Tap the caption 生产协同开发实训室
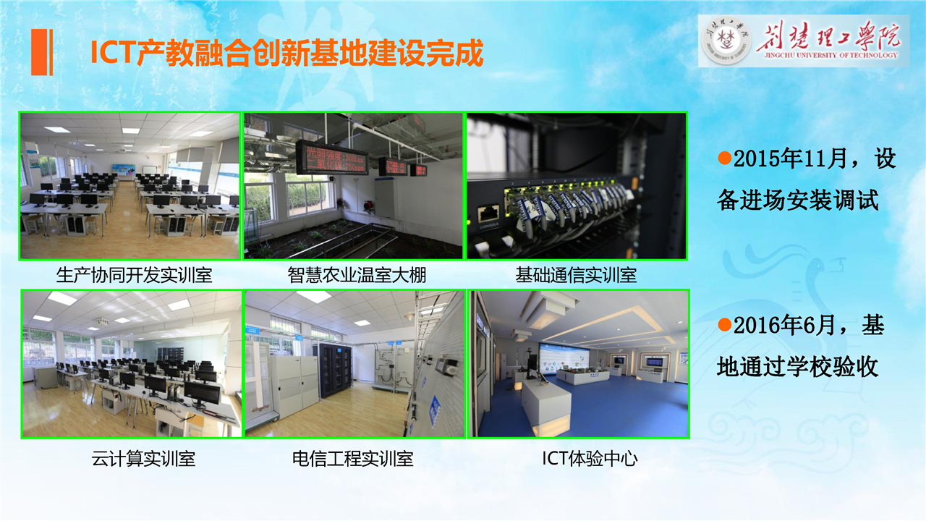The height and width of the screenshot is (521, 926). pos(134,276)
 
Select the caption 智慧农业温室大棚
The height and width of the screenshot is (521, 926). pos(357,276)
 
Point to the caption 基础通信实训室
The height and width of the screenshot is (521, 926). pos(576,276)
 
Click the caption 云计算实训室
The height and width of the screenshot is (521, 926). pos(143,459)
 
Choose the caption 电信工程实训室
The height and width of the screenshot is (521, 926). pos(352,459)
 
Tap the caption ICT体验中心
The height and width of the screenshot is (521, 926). pos(590,459)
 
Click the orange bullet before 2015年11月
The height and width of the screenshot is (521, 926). pos(725,158)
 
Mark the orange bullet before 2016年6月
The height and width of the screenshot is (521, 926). pos(725,325)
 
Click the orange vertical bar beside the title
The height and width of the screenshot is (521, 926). pos(42,53)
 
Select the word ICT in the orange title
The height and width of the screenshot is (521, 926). pos(114,53)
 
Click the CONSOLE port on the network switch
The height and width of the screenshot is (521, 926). pos(488,214)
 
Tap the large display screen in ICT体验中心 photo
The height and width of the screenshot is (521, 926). pos(564,358)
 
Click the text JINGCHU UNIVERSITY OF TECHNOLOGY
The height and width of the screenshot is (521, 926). pos(831,55)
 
